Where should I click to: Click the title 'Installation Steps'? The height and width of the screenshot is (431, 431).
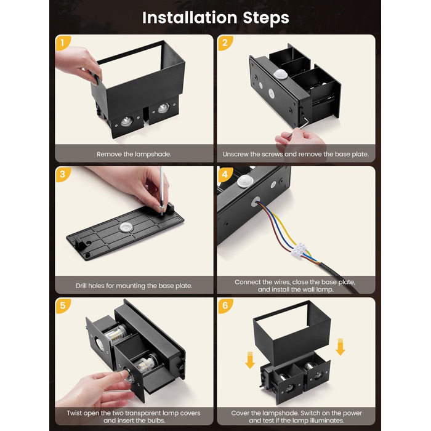point(216,18)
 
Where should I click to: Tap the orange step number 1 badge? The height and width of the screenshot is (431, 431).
point(63,43)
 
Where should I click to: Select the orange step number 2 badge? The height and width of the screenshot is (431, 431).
point(225,43)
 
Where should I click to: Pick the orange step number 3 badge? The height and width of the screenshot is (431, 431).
point(63,174)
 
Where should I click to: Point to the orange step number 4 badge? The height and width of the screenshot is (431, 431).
point(225,174)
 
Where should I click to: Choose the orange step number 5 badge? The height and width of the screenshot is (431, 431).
point(63,305)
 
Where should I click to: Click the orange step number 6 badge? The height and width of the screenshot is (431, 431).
point(225,305)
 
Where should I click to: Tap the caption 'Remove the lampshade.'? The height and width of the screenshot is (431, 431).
point(134,154)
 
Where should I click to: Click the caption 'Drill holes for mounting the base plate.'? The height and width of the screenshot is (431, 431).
point(134,286)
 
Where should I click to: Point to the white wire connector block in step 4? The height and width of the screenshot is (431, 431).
point(299,250)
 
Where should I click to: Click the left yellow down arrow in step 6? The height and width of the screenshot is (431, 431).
point(250,360)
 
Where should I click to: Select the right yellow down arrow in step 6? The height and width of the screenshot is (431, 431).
point(340,347)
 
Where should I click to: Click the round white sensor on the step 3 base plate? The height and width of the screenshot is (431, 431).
point(126,227)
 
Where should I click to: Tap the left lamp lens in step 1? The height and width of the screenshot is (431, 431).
point(127,121)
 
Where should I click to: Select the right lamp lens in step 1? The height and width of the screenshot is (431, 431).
point(164,108)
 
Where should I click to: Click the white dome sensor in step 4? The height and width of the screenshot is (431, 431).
point(245,181)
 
